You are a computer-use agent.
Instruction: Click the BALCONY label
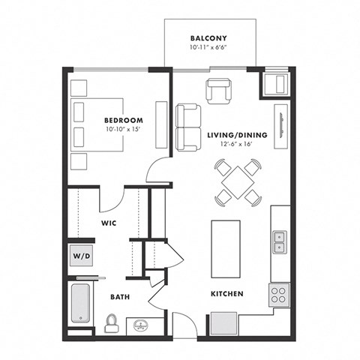point(209,37)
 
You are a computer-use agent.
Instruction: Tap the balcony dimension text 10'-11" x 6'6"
point(209,48)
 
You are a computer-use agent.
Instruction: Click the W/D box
point(80,255)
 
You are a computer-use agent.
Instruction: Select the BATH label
point(119,297)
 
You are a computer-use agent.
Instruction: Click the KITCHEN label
point(226,293)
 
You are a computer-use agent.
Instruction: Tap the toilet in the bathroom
point(112,322)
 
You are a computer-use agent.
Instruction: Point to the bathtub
point(80,304)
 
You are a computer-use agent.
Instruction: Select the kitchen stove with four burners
point(279,293)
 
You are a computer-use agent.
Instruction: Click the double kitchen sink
point(279,240)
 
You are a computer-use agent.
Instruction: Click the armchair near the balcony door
point(219,91)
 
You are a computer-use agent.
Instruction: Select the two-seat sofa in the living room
point(187,126)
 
